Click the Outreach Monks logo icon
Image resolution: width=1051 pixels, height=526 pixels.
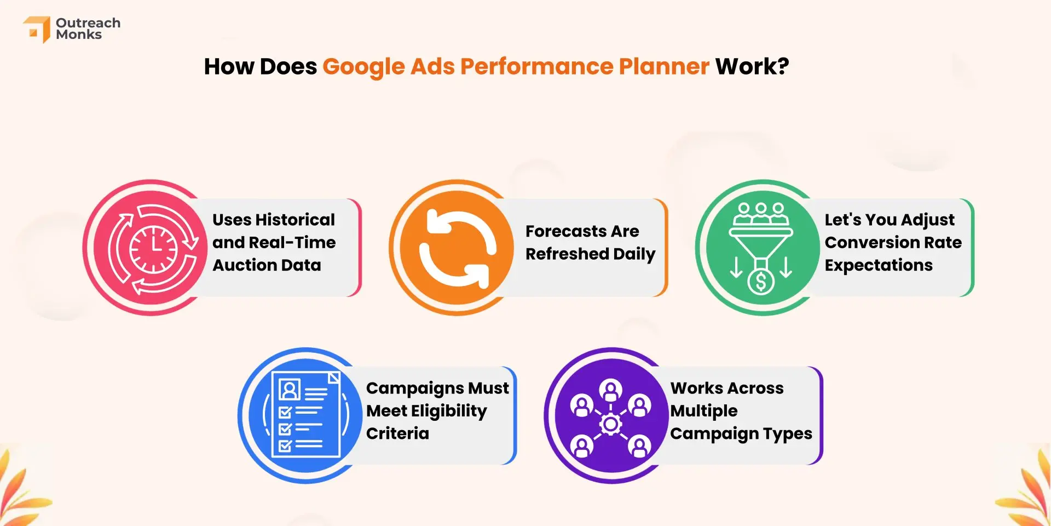[x=37, y=29]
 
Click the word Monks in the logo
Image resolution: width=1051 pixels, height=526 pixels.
[x=79, y=35]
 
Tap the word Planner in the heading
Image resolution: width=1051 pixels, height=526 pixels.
[x=664, y=66]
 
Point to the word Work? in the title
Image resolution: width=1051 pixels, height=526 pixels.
[x=752, y=66]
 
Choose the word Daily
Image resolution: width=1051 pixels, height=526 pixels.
[x=634, y=254]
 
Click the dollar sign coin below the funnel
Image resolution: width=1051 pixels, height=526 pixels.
[x=761, y=282]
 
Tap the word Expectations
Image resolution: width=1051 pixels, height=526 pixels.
[x=879, y=266]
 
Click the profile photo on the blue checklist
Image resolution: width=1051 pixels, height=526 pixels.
[x=290, y=390]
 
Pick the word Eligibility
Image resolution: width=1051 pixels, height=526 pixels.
[x=449, y=411]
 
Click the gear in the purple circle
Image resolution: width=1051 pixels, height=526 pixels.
[x=610, y=424]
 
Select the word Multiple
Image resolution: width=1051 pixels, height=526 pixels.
[x=704, y=411]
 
